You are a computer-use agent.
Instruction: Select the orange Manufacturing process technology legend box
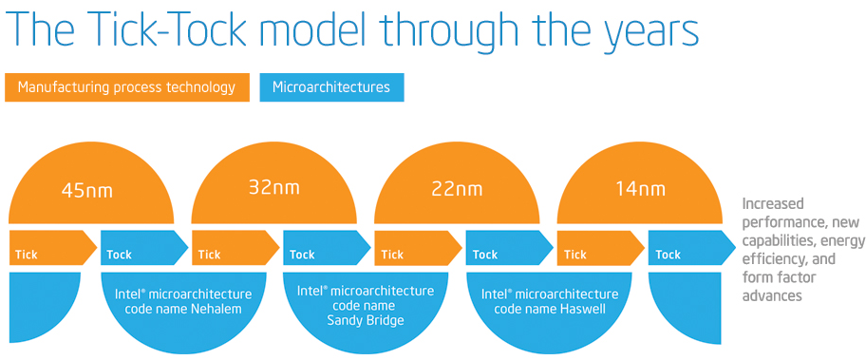click(x=126, y=87)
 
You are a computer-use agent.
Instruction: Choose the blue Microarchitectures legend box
click(x=331, y=87)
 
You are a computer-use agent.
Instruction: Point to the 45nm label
click(x=87, y=191)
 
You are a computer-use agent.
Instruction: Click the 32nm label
click(x=273, y=187)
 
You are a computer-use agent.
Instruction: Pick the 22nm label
click(x=457, y=189)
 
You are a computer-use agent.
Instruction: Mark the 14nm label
click(x=640, y=189)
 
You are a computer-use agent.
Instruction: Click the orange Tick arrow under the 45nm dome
click(x=53, y=247)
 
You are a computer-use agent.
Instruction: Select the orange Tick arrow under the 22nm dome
click(x=418, y=247)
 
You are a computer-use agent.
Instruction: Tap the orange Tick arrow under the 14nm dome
click(x=601, y=247)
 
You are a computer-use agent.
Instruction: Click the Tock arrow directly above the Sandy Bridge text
click(x=327, y=247)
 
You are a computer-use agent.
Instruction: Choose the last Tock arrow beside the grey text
click(x=692, y=247)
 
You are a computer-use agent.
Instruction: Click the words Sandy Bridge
click(x=366, y=320)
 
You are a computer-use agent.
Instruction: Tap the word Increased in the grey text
click(x=773, y=204)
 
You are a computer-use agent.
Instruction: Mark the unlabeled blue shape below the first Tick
click(x=46, y=307)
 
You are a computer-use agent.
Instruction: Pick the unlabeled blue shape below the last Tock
click(x=686, y=307)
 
